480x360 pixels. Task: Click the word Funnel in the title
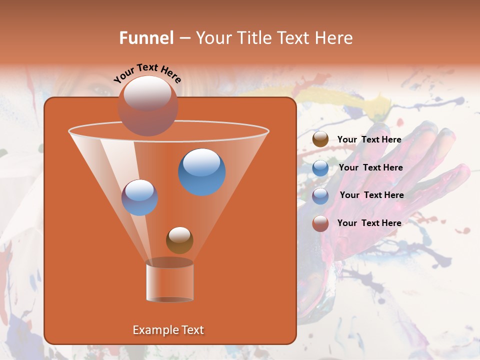pyautogui.click(x=146, y=38)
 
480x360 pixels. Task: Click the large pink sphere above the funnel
pyautogui.click(x=148, y=105)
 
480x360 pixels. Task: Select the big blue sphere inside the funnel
pyautogui.click(x=202, y=172)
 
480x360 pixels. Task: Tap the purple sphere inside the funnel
pyautogui.click(x=139, y=197)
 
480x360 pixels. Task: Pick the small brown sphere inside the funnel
pyautogui.click(x=179, y=240)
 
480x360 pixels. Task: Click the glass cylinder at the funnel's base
pyautogui.click(x=169, y=280)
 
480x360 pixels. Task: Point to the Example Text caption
pyautogui.click(x=168, y=330)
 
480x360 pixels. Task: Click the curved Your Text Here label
pyautogui.click(x=147, y=73)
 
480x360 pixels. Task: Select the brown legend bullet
pyautogui.click(x=320, y=139)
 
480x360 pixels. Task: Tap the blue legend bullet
pyautogui.click(x=320, y=168)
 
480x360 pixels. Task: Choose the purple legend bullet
pyautogui.click(x=320, y=195)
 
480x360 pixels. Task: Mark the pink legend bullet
pyautogui.click(x=320, y=223)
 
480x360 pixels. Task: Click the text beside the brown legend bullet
pyautogui.click(x=369, y=139)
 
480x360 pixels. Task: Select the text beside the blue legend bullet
pyautogui.click(x=370, y=167)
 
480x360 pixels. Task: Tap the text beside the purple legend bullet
pyautogui.click(x=371, y=195)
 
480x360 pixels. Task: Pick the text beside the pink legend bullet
pyautogui.click(x=369, y=223)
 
